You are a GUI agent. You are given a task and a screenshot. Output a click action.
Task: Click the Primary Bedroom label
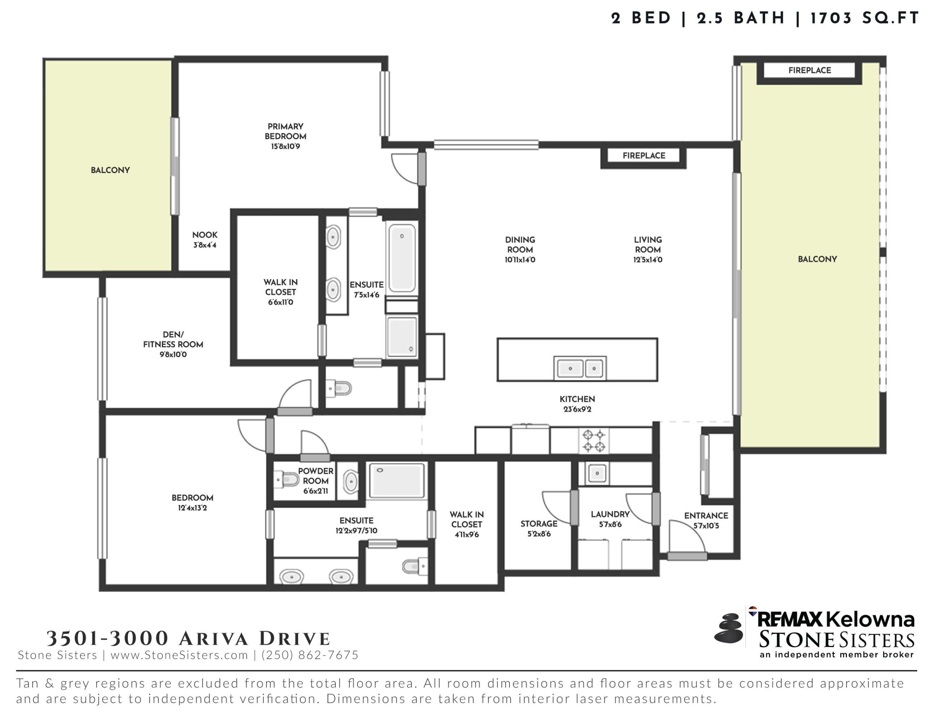coord(285,136)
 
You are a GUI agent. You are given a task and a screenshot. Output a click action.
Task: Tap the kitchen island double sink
coord(580,368)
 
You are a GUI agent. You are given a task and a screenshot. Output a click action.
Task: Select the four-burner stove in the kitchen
coord(594,441)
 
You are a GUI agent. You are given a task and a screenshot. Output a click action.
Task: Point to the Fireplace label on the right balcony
coord(809,71)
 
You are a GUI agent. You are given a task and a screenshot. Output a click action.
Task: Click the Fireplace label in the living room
coord(644,156)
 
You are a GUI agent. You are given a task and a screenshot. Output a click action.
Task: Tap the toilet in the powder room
coord(286,480)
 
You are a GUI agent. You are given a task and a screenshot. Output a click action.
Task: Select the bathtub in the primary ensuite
coord(402,258)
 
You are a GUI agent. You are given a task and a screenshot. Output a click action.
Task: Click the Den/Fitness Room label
coord(173,344)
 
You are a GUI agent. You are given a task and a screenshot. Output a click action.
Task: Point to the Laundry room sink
coord(597,473)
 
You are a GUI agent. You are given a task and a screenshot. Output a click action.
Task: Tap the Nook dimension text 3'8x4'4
coord(205,245)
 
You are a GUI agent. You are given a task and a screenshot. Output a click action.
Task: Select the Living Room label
coord(648,249)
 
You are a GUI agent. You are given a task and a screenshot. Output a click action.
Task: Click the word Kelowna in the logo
coord(870,620)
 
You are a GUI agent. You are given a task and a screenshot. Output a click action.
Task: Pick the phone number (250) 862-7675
coord(310,655)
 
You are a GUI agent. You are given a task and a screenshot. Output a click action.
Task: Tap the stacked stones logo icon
coord(729,628)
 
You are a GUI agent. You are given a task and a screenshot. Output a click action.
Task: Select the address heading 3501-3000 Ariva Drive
coord(188,638)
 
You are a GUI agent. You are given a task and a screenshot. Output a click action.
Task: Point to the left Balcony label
coord(110,170)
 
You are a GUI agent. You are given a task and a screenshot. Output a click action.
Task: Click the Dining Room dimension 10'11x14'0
coord(520,260)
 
